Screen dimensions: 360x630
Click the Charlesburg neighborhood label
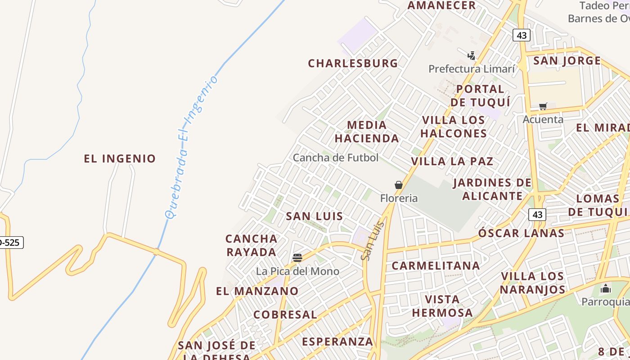[353, 63]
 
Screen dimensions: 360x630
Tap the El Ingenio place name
[120, 158]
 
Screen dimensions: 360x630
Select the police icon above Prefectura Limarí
[471, 56]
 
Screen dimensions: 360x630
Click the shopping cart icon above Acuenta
[543, 107]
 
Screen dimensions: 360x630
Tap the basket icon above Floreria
[398, 184]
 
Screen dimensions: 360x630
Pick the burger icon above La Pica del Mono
[297, 258]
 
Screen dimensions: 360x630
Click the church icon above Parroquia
[606, 288]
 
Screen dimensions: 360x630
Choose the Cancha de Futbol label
[336, 157]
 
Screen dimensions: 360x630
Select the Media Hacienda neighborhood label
[367, 131]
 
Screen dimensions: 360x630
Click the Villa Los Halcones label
[454, 127]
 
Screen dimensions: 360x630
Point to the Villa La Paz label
[452, 161]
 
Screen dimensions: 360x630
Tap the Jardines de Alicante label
[492, 189]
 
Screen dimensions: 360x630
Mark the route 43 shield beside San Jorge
[522, 35]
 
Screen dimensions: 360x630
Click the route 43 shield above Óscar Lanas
[537, 215]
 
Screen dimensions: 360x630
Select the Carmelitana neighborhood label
[436, 265]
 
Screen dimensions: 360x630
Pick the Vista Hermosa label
[442, 306]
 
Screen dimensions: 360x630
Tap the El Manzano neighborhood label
[257, 291]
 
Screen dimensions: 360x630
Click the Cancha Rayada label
[252, 245]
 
